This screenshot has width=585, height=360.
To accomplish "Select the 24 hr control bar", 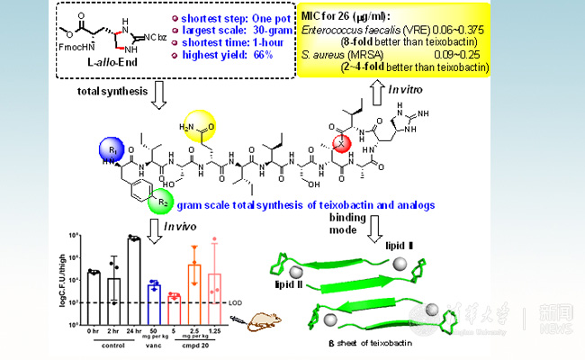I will pyautogui.click(x=133, y=269).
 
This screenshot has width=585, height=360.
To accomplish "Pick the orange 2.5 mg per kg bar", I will pyautogui.click(x=193, y=283).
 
